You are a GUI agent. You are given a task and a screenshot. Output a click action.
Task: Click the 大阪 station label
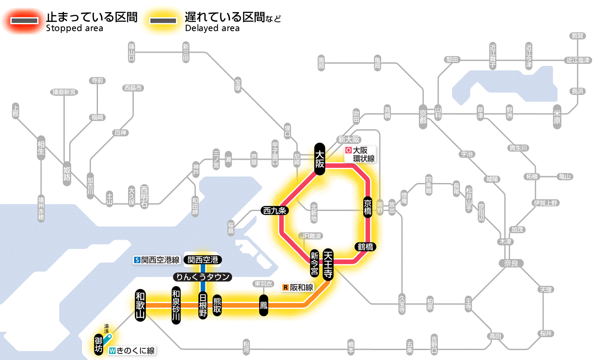click(x=319, y=159)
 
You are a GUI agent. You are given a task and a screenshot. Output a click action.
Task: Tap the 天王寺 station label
click(x=328, y=265)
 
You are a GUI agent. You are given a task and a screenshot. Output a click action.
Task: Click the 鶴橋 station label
click(x=365, y=247)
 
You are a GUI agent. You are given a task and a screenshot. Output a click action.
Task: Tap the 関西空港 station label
click(x=203, y=260)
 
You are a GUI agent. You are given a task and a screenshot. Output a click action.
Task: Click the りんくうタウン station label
click(x=202, y=277)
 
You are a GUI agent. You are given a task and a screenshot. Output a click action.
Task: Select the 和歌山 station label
click(x=140, y=305)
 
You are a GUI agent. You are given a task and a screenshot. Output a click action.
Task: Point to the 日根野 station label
click(x=203, y=305)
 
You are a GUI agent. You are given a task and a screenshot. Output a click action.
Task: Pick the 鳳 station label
click(x=263, y=305)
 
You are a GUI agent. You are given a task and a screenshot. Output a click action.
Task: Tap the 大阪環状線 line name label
click(x=361, y=155)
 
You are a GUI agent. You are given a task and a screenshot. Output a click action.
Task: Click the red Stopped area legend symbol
click(x=25, y=21)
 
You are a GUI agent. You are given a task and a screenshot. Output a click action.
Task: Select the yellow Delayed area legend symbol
click(x=163, y=21)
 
